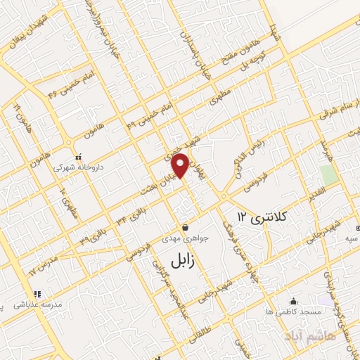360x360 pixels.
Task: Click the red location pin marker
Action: click(181, 166)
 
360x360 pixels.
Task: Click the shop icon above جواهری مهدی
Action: click(185, 227)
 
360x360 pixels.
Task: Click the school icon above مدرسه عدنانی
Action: click(37, 294)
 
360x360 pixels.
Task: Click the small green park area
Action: click(327, 175)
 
